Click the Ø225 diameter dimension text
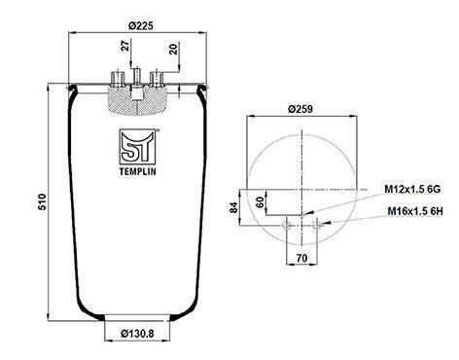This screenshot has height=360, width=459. (140, 25)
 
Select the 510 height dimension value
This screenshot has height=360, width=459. (43, 201)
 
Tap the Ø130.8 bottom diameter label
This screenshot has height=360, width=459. (137, 333)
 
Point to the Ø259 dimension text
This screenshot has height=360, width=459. (300, 109)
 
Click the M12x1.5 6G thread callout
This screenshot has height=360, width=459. (412, 189)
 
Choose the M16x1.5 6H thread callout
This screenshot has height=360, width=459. (415, 211)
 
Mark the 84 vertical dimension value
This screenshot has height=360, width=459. (233, 207)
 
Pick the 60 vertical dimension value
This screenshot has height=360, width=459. (260, 202)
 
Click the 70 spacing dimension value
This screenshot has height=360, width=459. (301, 258)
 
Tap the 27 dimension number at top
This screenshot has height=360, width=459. (125, 45)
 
